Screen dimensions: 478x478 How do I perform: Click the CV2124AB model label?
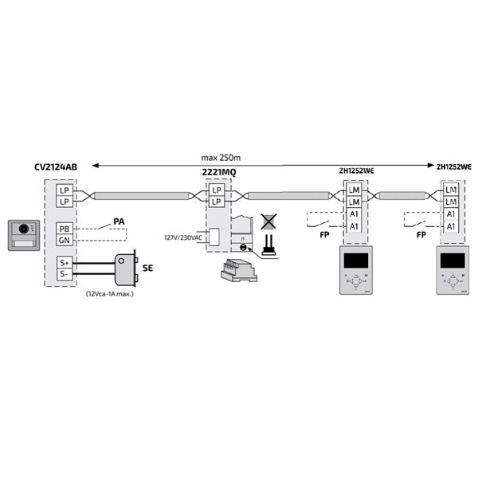(x=56, y=167)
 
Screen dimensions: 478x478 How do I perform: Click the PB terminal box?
(x=64, y=229)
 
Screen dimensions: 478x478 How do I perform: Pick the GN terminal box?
(x=64, y=240)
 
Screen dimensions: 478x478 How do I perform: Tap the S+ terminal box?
(x=64, y=262)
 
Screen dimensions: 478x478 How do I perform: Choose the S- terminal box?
(x=64, y=273)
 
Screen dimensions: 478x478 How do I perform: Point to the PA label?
(x=119, y=221)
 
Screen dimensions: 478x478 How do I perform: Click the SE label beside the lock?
(x=147, y=269)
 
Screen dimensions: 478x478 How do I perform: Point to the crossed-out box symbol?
(x=269, y=221)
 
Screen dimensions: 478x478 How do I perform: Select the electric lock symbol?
(x=125, y=268)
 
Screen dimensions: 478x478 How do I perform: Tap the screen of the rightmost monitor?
(x=452, y=261)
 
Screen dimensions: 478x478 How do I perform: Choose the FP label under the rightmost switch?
(x=420, y=237)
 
